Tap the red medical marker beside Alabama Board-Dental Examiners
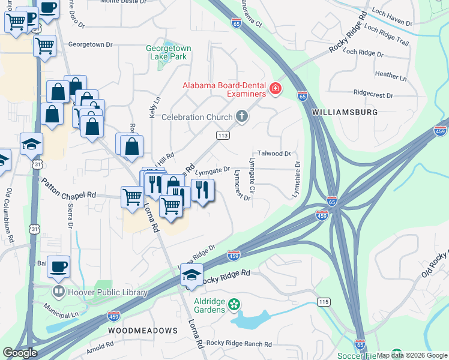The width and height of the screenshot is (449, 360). point(276,89)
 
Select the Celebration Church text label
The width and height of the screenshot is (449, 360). point(197,116)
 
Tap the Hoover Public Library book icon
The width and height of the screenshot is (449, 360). point(59,293)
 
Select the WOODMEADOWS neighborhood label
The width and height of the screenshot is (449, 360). point(143,331)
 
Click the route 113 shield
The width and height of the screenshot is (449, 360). point(223,136)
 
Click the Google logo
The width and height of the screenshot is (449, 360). point(20,353)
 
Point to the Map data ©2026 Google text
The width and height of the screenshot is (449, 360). point(411,355)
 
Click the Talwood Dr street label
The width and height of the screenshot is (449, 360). point(274,154)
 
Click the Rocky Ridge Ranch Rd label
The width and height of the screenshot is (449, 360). point(239,344)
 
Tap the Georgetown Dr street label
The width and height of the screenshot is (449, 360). point(91,44)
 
